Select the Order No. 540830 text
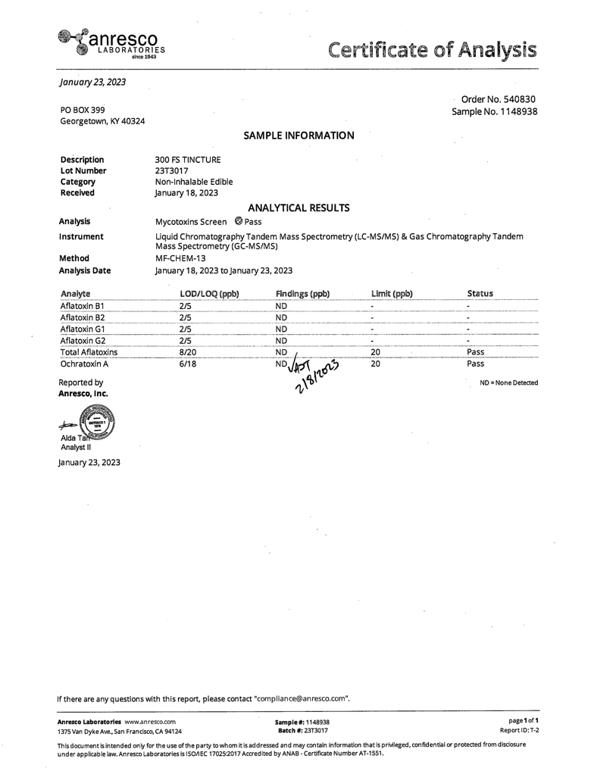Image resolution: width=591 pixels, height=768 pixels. [499, 98]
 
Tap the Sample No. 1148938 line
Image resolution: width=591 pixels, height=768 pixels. [495, 111]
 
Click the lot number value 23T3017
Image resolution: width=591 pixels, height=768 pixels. [171, 171]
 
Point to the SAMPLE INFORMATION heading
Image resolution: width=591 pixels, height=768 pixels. [299, 136]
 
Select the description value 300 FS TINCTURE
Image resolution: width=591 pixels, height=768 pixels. [188, 160]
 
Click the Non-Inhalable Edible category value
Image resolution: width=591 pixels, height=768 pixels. [194, 182]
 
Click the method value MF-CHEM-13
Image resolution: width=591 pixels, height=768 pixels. [180, 258]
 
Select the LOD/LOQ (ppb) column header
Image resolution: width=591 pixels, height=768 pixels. [210, 293]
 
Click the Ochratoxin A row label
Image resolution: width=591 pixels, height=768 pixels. [84, 364]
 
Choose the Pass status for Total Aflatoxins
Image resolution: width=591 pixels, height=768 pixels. [476, 351]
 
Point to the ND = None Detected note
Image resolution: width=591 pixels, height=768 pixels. [509, 383]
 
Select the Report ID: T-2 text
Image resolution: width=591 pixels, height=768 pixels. [519, 730]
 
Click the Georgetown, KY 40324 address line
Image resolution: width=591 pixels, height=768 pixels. [102, 121]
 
